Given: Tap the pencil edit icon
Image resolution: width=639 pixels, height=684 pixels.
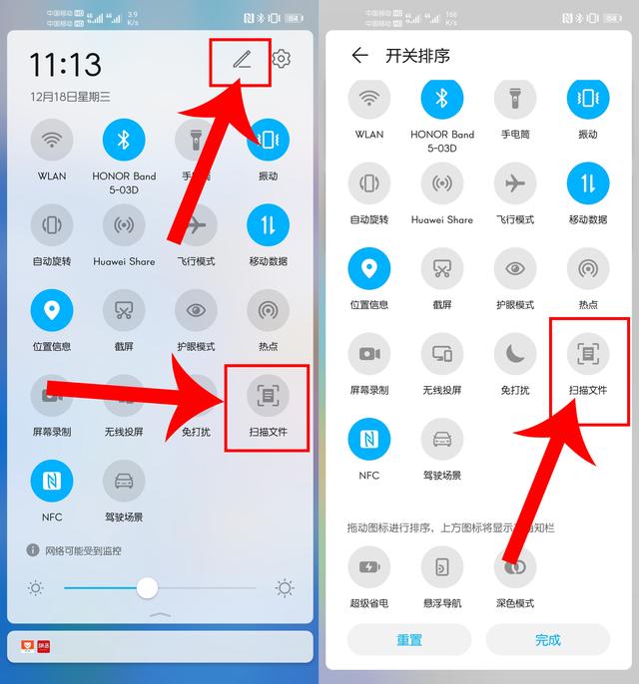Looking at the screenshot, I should tap(242, 60).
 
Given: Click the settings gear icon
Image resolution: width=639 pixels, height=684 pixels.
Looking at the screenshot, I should tap(282, 59).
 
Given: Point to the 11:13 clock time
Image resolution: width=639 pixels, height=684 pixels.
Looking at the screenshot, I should tap(65, 65).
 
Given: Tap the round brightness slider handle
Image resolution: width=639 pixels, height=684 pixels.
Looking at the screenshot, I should tap(147, 587).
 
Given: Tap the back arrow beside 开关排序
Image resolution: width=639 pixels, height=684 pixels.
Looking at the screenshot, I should tap(359, 56).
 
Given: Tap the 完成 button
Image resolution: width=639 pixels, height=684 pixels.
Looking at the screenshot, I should tap(547, 639).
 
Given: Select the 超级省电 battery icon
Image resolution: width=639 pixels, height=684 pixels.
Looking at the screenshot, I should tap(369, 567).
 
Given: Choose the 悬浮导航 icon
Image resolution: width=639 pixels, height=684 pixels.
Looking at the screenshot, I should tap(442, 567).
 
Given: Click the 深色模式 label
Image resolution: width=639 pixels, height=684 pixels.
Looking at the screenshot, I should tap(515, 603).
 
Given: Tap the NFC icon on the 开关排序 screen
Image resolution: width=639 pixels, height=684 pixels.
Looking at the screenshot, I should tap(369, 439).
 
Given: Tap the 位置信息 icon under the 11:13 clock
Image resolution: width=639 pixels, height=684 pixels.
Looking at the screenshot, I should tap(52, 310).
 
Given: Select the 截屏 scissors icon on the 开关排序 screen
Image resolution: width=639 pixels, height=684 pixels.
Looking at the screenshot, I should tap(442, 268).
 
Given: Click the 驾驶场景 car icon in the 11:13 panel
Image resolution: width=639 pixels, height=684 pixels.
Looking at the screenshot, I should tap(124, 481).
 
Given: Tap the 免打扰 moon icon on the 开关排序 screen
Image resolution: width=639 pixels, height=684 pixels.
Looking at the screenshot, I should tap(515, 353).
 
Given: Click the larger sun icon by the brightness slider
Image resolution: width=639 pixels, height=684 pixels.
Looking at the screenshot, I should tap(285, 587).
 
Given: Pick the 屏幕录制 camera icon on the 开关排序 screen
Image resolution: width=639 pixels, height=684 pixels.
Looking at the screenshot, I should tap(369, 353).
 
